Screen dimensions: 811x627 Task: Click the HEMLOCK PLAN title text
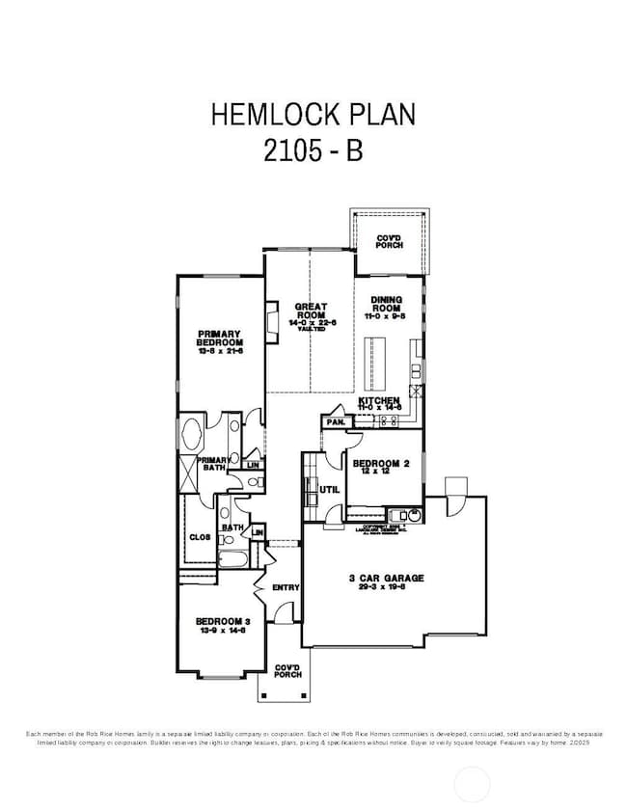pos(313,115)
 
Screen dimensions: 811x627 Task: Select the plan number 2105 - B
pos(313,152)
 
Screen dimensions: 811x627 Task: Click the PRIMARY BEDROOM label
pos(220,342)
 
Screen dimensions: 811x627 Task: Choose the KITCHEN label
pos(380,402)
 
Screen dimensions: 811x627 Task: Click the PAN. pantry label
pos(336,422)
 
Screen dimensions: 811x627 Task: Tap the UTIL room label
pos(329,490)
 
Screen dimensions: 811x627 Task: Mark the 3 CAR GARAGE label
pos(386,579)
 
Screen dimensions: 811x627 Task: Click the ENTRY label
pos(286,587)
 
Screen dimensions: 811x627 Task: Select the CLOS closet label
pos(200,537)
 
